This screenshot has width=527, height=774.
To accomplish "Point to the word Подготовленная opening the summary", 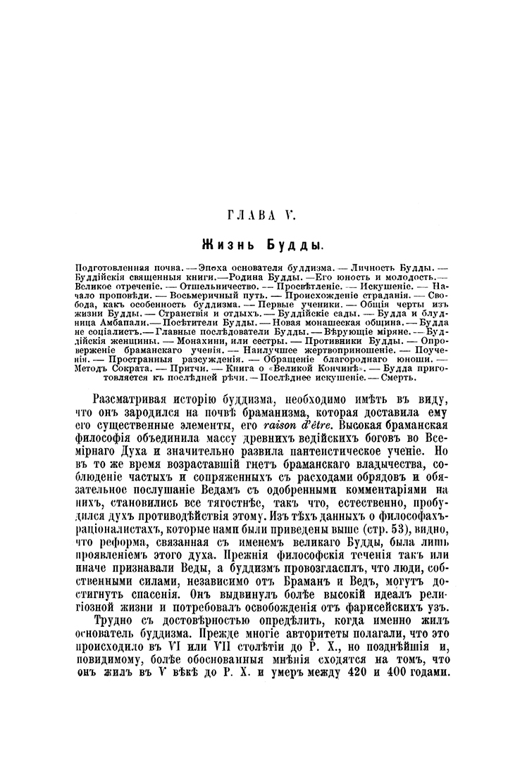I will pyautogui.click(x=109, y=268).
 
